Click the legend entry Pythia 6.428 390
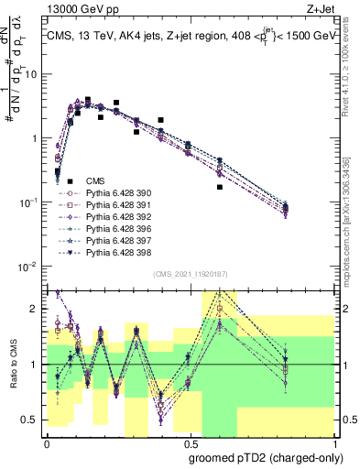click(115, 194)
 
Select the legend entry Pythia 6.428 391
click(115, 206)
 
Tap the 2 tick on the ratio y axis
click(38, 309)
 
